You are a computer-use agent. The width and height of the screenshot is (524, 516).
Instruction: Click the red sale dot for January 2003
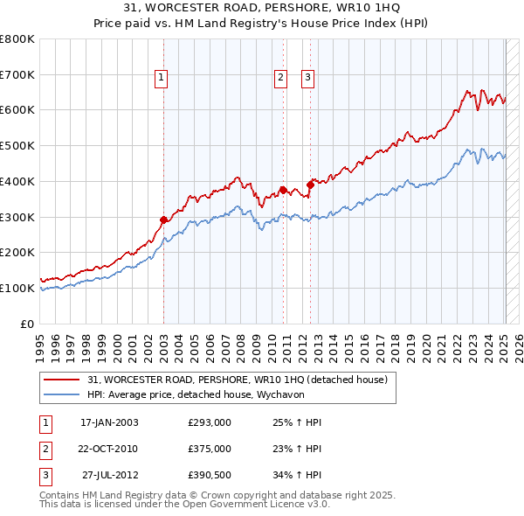point(163,220)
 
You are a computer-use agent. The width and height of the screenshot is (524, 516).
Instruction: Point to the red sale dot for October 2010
point(283,190)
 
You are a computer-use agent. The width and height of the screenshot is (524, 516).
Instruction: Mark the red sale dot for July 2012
point(310,185)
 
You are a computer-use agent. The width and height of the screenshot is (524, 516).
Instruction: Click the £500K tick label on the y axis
point(17,146)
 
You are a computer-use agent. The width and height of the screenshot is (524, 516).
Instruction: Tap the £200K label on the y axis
point(17,253)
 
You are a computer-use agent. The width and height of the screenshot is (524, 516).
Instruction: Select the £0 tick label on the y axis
point(26,324)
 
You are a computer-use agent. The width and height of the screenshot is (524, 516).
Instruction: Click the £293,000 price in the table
point(210,423)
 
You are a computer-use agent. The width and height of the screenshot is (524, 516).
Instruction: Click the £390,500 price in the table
point(210,477)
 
